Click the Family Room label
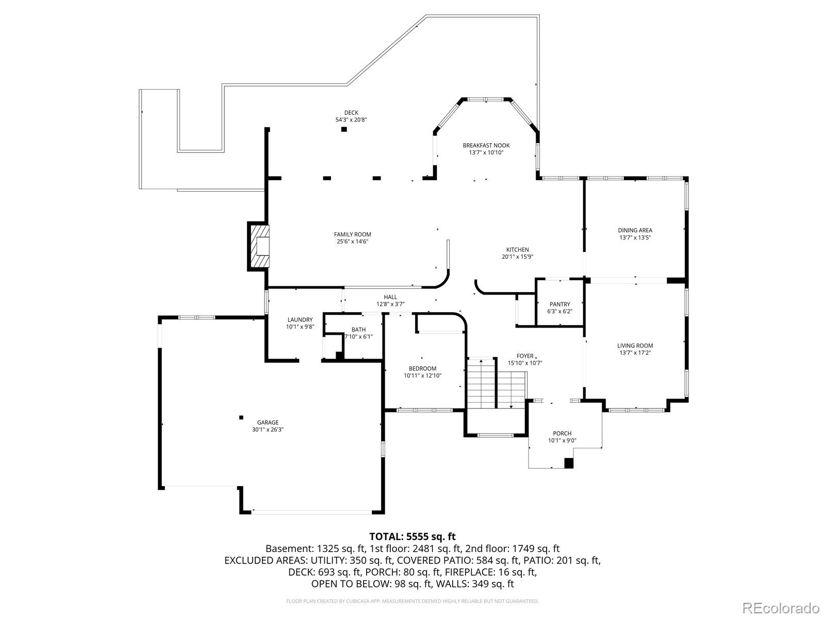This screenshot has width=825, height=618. (x=352, y=234)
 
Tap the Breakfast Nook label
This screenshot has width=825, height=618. (x=486, y=146)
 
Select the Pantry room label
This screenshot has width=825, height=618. (x=559, y=304)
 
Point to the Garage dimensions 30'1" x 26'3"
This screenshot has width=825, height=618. (x=268, y=430)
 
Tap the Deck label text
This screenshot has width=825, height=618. (x=351, y=113)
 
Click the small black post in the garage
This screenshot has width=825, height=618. (x=241, y=417)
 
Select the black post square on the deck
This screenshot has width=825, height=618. (x=344, y=129)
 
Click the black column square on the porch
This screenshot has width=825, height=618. (x=569, y=463)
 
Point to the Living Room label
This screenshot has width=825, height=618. (x=635, y=346)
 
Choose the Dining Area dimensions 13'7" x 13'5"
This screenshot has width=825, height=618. (x=635, y=237)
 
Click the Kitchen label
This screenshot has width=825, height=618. (x=517, y=250)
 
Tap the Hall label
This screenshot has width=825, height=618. (x=390, y=297)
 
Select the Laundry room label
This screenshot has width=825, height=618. (x=300, y=320)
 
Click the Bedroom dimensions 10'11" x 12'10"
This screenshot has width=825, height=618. (x=422, y=375)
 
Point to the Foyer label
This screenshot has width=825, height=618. (x=525, y=356)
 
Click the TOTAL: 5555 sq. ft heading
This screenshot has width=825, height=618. (x=412, y=537)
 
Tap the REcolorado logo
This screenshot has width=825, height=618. (x=781, y=608)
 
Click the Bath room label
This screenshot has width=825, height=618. (x=358, y=330)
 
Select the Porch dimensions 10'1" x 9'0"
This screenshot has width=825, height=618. (x=562, y=440)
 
